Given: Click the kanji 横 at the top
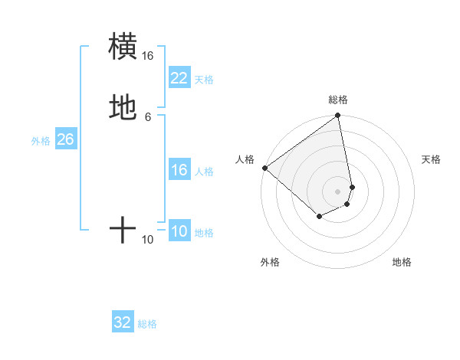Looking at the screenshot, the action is click(x=123, y=46).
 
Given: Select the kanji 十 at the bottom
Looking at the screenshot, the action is click(x=123, y=229).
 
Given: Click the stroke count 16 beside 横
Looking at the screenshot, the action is click(x=148, y=56).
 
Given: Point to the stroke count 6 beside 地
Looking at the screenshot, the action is click(x=148, y=116).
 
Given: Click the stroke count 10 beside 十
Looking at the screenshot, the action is click(x=148, y=240).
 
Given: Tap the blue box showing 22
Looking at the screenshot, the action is click(x=179, y=78).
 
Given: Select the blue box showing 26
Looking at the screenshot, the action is click(x=65, y=140).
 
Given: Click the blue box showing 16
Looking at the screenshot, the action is click(x=179, y=170).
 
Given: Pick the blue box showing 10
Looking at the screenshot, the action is click(x=179, y=232).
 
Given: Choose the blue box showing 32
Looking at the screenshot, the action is click(x=123, y=322).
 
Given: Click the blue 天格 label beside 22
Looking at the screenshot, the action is click(x=204, y=79).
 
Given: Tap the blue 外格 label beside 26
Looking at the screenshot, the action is click(x=41, y=141).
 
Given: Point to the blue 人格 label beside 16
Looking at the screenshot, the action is click(x=204, y=172).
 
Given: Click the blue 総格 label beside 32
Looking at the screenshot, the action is click(x=147, y=324).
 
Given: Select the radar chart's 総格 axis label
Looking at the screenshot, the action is click(x=338, y=100).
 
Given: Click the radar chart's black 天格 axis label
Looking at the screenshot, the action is click(x=432, y=159).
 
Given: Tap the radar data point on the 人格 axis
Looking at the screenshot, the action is click(x=264, y=168).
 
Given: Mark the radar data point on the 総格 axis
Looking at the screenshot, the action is click(x=338, y=116).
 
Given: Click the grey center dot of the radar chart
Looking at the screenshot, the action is click(x=338, y=191).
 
